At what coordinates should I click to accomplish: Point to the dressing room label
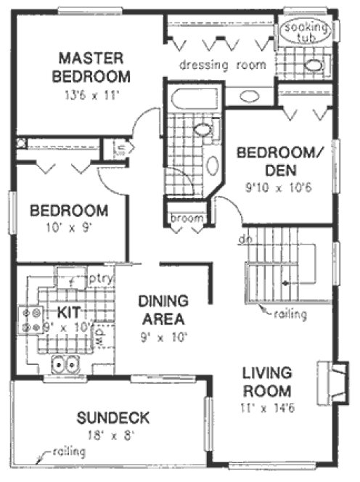[x=223, y=65]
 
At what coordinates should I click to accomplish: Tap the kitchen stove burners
[x=33, y=321]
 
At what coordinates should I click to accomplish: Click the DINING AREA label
[x=163, y=309]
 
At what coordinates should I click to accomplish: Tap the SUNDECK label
[x=114, y=417]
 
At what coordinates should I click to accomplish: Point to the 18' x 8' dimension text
[x=114, y=436]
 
